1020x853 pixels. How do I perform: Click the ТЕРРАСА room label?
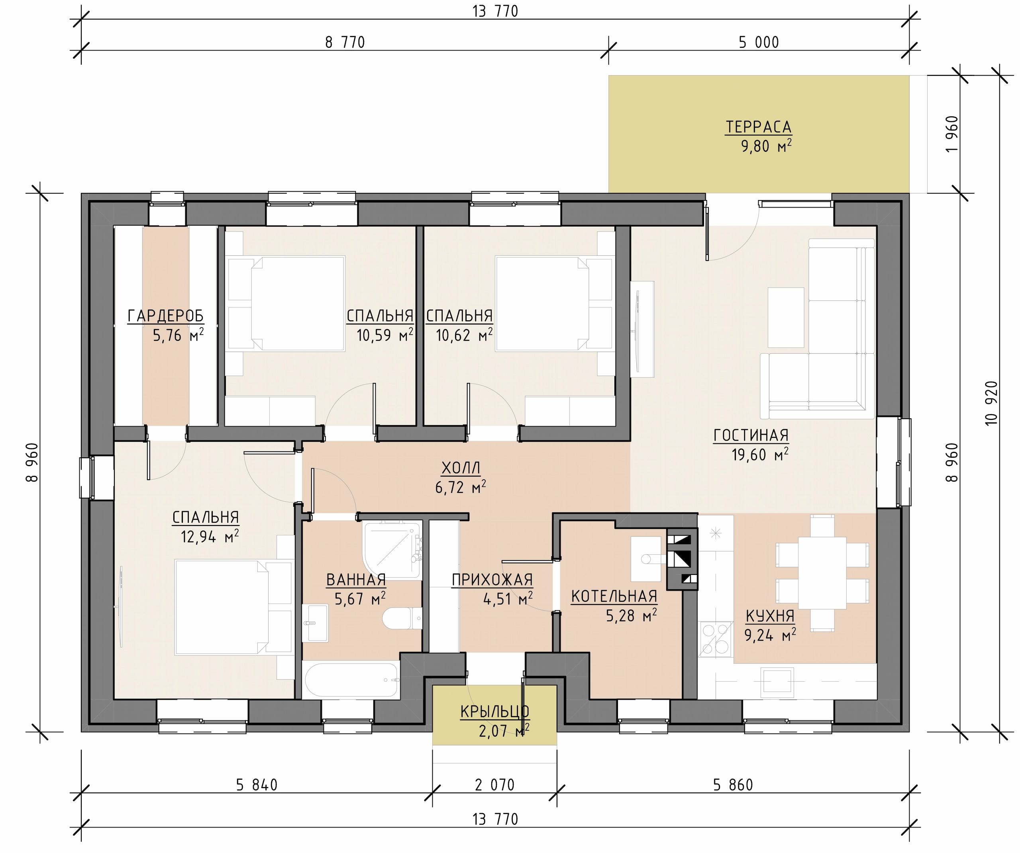[x=758, y=127]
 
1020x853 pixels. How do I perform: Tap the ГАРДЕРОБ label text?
[x=166, y=316]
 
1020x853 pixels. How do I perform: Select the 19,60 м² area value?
[x=760, y=454]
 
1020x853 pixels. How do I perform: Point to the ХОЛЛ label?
[x=461, y=468]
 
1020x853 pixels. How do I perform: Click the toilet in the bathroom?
[x=402, y=618]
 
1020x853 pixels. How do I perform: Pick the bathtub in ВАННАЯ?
[x=352, y=680]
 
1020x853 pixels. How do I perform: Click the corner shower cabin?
[x=392, y=550]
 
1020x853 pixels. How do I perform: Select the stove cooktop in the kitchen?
[x=716, y=639]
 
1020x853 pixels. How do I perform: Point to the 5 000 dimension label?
[x=759, y=43]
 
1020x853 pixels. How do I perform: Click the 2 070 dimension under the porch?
[x=494, y=784]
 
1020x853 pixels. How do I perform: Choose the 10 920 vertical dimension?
[x=991, y=403]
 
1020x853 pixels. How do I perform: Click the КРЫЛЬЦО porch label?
[x=494, y=712]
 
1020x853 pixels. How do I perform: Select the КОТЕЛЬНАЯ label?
[x=614, y=596]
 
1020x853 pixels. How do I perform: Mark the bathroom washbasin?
[x=315, y=623]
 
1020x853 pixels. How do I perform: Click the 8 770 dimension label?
[x=345, y=43]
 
